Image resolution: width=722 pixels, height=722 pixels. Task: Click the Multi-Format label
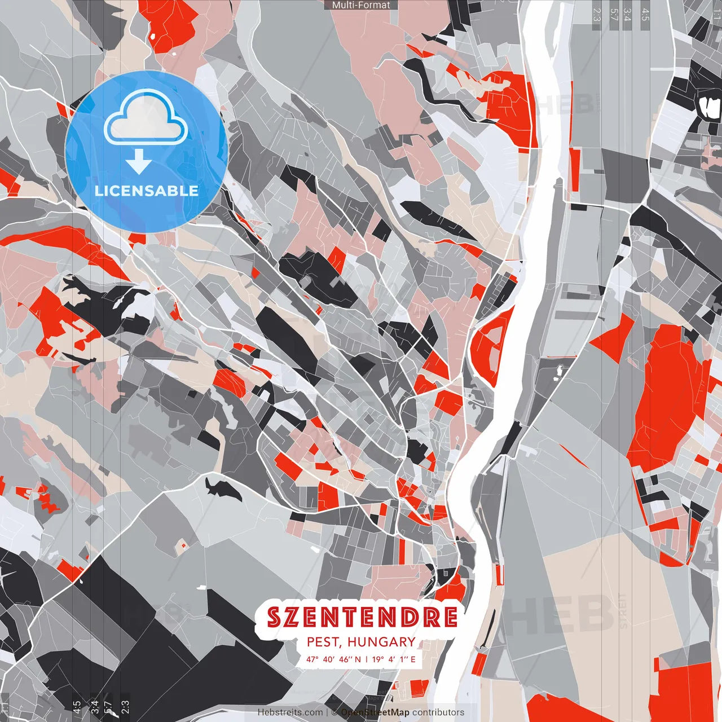(361, 5)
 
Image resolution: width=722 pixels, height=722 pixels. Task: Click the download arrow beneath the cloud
(139, 162)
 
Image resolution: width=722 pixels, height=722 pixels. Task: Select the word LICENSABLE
(146, 191)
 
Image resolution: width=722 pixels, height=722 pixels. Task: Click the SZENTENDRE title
(362, 617)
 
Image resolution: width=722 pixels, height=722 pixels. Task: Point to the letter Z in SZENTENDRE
(294, 617)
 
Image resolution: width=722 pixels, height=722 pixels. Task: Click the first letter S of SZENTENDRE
(275, 617)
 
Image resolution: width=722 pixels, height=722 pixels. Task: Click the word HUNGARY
(381, 642)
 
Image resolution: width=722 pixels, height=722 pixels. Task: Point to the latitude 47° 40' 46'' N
(333, 659)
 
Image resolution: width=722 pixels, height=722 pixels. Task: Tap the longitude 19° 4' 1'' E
(394, 659)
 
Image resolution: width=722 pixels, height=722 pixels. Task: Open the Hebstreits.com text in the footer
(290, 712)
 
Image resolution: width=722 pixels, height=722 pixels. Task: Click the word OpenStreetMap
(375, 712)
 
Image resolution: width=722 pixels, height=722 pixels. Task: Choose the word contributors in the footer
(438, 712)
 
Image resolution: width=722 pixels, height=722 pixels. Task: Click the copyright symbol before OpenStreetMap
(334, 712)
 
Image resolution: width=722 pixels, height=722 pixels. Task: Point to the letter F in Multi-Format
(364, 5)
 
